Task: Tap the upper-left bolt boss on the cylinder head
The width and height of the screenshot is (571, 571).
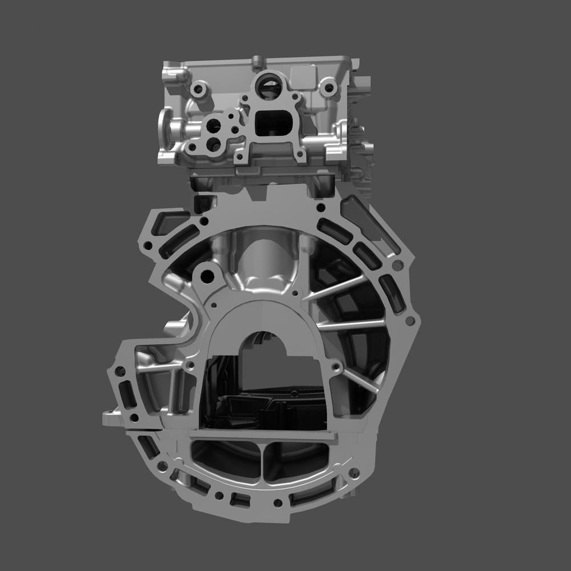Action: [199, 89]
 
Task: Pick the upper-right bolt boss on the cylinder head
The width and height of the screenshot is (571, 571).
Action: [328, 89]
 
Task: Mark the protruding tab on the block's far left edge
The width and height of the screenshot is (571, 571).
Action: [111, 419]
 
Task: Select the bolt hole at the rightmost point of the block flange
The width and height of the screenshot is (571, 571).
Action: [409, 321]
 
